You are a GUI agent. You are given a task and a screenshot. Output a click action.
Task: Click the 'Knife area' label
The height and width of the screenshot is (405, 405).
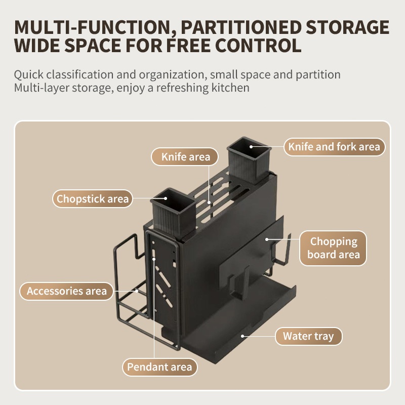[x=186, y=157]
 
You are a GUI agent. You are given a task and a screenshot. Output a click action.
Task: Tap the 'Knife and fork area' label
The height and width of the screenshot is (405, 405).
[x=334, y=147]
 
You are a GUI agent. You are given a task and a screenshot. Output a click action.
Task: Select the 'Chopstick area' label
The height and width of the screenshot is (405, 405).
[x=93, y=198]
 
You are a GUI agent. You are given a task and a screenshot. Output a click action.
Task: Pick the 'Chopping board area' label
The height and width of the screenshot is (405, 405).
[x=333, y=248]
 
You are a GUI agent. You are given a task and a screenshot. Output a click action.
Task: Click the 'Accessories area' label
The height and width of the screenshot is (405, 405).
[x=67, y=291]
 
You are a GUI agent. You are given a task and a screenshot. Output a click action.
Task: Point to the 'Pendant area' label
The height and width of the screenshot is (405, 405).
[x=159, y=367]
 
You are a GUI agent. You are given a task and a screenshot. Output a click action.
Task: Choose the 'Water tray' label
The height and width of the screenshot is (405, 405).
[x=308, y=336]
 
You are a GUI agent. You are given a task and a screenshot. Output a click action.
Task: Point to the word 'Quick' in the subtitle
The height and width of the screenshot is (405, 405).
[x=28, y=75]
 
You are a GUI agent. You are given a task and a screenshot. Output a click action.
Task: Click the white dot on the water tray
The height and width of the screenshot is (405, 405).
[x=243, y=335]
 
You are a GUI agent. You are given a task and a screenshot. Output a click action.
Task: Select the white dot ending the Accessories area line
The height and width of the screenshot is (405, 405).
[x=137, y=291]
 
